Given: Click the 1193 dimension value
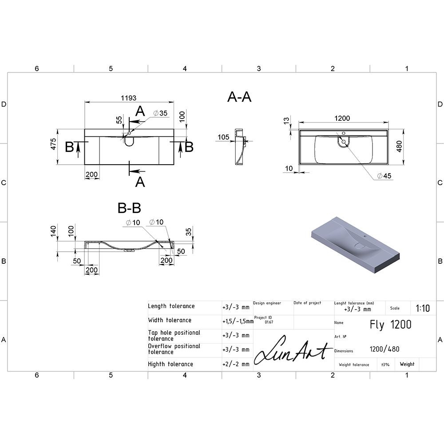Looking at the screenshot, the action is (x=129, y=98).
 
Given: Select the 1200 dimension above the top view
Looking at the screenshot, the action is (x=342, y=118).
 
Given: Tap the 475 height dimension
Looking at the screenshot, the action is (x=53, y=144).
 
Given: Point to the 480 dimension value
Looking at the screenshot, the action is (x=399, y=146).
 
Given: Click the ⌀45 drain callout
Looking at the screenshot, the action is (x=384, y=176).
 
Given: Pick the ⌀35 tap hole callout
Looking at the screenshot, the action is (x=160, y=113).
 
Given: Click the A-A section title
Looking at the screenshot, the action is (x=239, y=97).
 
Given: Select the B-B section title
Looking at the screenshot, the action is (x=129, y=208).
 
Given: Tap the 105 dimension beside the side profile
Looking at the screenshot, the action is (x=223, y=137).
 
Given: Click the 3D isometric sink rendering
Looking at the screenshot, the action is (x=356, y=245).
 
